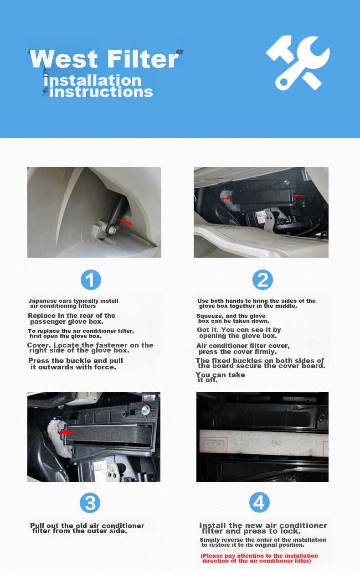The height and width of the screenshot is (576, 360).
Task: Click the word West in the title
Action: [x=64, y=59]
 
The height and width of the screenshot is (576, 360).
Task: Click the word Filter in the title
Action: [x=143, y=59]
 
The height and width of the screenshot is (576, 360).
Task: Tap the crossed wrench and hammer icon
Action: [x=298, y=63]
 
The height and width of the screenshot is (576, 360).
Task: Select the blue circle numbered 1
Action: [x=91, y=280]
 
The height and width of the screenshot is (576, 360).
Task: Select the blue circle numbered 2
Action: [x=262, y=280]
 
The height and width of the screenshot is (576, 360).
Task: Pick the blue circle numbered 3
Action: [x=90, y=503]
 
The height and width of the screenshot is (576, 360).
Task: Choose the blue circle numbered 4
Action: [x=259, y=502]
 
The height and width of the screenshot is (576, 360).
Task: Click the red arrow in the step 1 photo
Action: [x=124, y=221]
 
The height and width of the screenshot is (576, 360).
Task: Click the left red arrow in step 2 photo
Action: [x=226, y=198]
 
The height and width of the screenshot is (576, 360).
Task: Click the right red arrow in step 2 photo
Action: [x=299, y=196]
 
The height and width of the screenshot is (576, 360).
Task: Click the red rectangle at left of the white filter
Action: [x=215, y=445]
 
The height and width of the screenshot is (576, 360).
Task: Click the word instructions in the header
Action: [x=101, y=92]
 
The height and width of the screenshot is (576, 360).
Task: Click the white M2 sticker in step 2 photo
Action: [x=261, y=217]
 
